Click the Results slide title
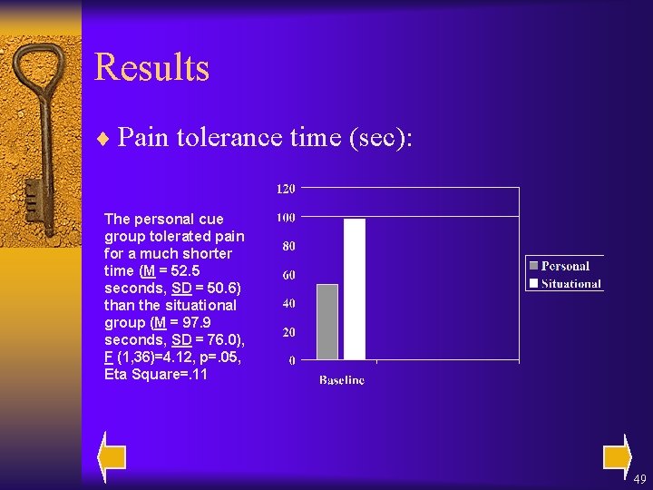(x=151, y=68)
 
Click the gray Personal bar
(x=326, y=322)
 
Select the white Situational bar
(x=354, y=289)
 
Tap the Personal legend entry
(x=559, y=266)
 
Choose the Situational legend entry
(x=564, y=283)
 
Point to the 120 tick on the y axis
(x=285, y=189)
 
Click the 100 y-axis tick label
(x=285, y=218)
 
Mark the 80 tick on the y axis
(x=288, y=246)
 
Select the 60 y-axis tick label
(x=288, y=275)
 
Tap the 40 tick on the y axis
(x=288, y=303)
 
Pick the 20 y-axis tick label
(x=288, y=332)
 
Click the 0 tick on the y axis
(x=291, y=360)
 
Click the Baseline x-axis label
(x=342, y=380)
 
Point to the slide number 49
(x=639, y=479)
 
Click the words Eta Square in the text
(x=136, y=374)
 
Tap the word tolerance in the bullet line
(x=222, y=137)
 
